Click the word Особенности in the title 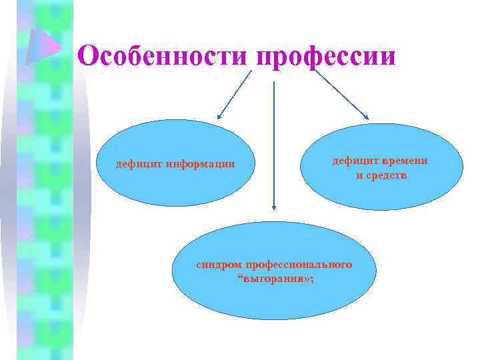point(163,55)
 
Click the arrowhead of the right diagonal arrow point(365,117)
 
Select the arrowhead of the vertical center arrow point(273,208)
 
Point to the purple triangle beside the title point(43,46)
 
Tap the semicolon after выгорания point(310,279)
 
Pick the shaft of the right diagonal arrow point(340,93)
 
